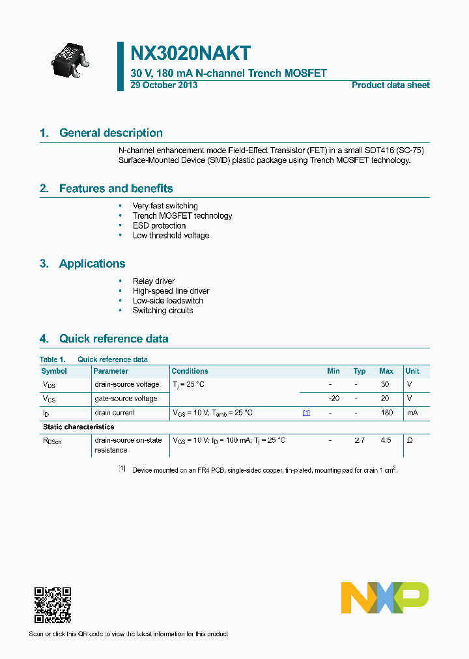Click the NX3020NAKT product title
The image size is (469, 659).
pos(191,53)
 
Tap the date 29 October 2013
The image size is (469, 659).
pos(163,85)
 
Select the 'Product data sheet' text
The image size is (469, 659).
pos(390,85)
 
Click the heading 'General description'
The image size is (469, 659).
pos(111,133)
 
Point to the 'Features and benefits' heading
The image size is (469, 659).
pos(116,188)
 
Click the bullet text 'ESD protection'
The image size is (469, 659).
pos(159,225)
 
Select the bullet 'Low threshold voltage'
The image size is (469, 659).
pos(171,235)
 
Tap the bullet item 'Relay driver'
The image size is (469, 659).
pos(154,281)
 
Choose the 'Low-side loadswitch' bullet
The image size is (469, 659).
pos(167,301)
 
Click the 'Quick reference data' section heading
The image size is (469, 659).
pos(113,339)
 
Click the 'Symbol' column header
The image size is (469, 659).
pos(54,371)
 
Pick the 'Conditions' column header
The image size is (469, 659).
pos(190,371)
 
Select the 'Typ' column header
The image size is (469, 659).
pos(360,371)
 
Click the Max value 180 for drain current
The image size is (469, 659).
pos(386,413)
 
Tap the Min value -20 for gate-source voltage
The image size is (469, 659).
pos(334,399)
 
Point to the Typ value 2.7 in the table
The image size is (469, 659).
pos(360,441)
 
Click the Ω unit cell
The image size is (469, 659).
pos(410,441)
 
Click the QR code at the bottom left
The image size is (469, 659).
pos(52,606)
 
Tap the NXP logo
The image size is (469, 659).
pos(385,598)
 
